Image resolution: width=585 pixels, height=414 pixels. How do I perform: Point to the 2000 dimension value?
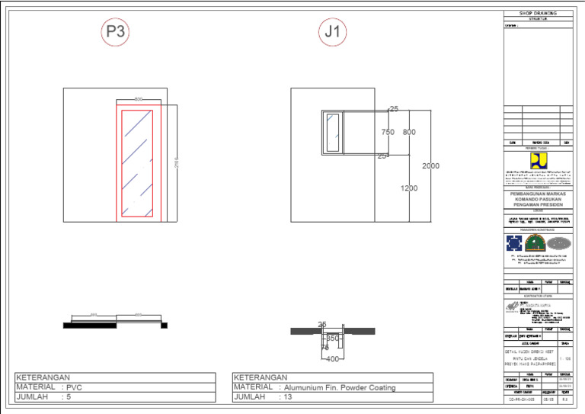coord(431,166)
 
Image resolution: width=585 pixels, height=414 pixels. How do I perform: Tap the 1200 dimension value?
coord(409,188)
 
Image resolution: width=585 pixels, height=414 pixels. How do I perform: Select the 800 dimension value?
coord(409,133)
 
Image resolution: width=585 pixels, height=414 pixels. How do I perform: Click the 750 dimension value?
coord(388,133)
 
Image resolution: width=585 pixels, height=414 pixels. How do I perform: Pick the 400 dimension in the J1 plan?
coord(332,358)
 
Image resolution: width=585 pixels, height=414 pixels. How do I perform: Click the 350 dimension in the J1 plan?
coord(332,338)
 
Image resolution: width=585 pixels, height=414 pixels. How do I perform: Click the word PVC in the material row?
coord(74,387)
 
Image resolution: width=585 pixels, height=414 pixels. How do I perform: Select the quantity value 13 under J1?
coord(289,397)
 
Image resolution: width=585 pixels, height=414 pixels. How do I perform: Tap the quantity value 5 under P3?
coord(68,397)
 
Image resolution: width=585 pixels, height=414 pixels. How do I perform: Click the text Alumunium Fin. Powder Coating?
coord(340,387)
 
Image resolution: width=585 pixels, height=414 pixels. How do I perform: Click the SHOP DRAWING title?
coord(538,13)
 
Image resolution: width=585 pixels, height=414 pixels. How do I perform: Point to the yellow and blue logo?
coord(538,161)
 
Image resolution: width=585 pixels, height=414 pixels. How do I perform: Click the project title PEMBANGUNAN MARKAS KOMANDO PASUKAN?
coord(538,197)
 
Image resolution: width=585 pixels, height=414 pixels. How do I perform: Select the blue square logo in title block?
coord(514,242)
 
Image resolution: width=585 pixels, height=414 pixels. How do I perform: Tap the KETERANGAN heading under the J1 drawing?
coord(261,377)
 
